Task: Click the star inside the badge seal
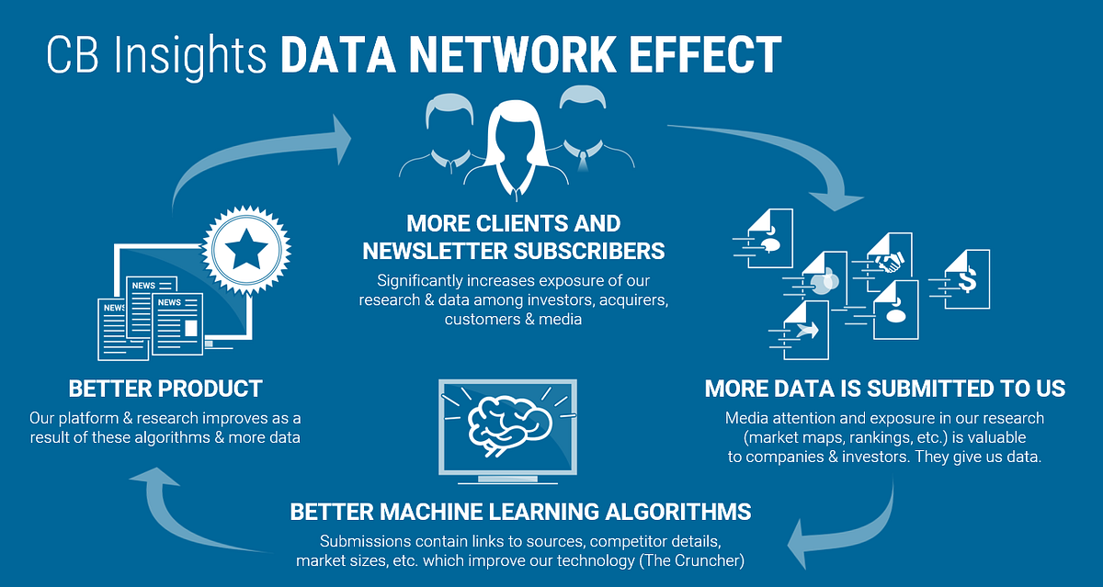pos(246,249)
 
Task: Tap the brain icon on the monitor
pos(509,425)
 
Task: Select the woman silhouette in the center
pos(516,150)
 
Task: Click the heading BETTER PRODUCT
pos(165,389)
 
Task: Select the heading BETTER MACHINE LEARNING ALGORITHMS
pos(520,512)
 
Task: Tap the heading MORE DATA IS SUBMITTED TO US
pos(885,389)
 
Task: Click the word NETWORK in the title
pos(512,54)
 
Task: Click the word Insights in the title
pos(190,57)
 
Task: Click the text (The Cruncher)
pos(691,561)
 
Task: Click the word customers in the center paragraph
pos(483,320)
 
